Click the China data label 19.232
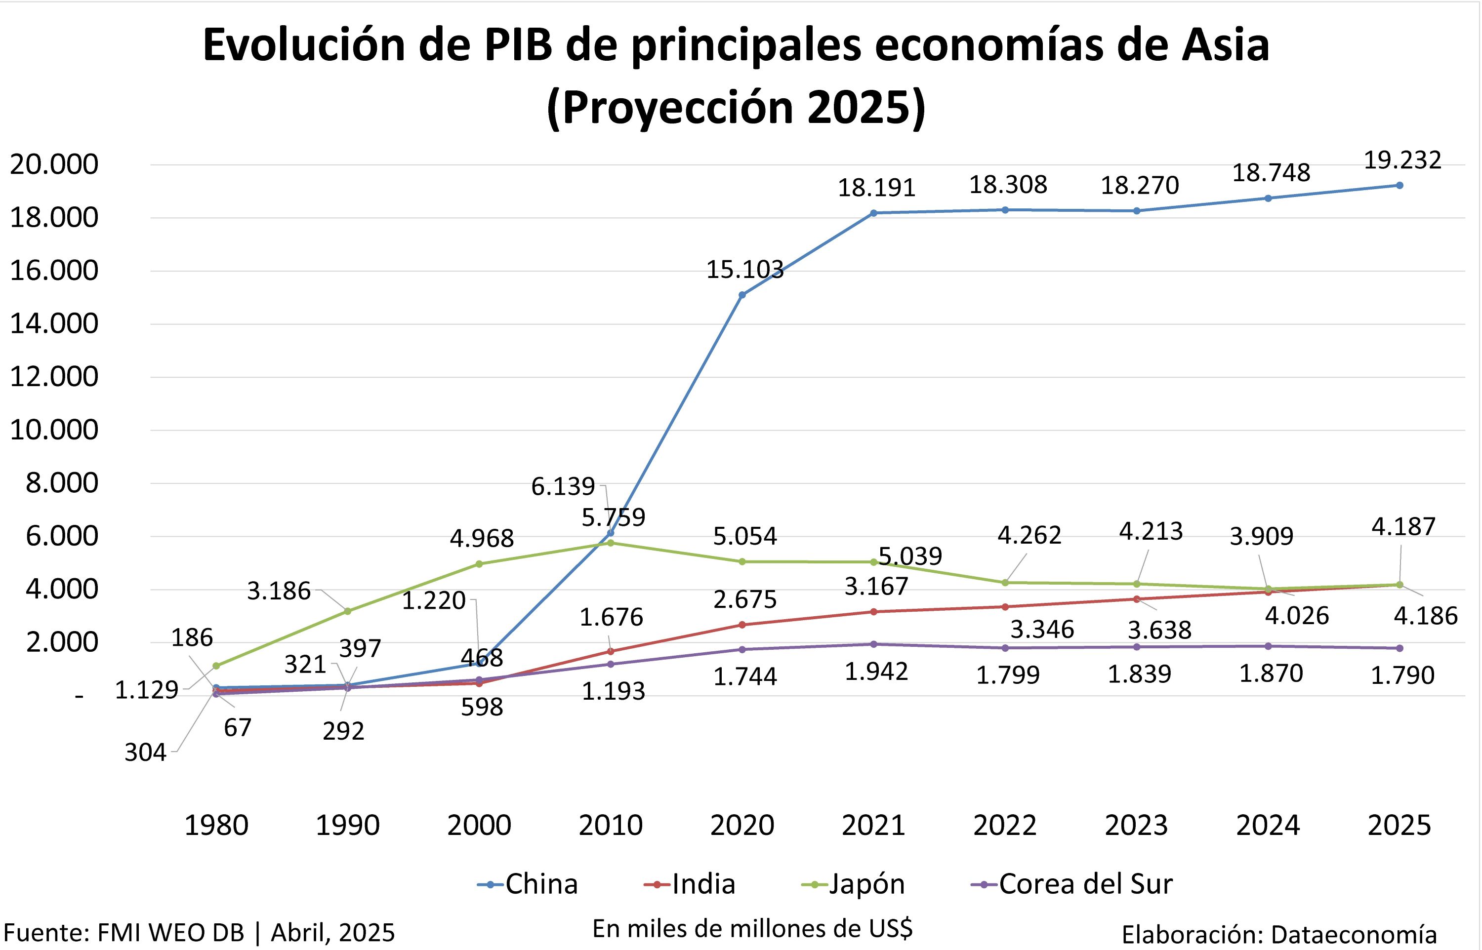[x=1402, y=160]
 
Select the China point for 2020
[x=741, y=295]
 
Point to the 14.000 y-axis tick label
[x=54, y=324]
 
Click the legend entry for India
[x=690, y=884]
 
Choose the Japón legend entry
[x=853, y=884]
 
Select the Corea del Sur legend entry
[x=1071, y=884]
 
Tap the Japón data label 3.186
[x=279, y=591]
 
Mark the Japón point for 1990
[x=347, y=611]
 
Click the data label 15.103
[x=744, y=270]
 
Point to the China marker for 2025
[x=1400, y=185]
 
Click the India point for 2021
[x=874, y=612]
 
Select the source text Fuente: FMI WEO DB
[x=123, y=933]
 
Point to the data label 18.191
[x=876, y=188]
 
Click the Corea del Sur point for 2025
[x=1400, y=648]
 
